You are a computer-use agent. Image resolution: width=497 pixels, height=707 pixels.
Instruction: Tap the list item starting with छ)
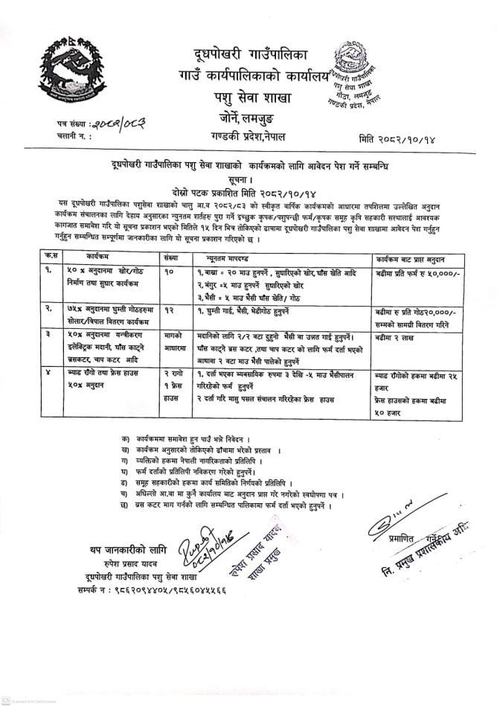coord(223,505)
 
